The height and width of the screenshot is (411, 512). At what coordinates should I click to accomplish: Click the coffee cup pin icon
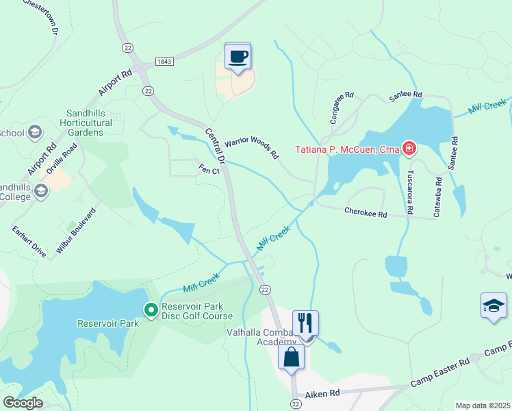[238, 56]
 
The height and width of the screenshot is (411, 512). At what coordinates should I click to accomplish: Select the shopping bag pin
[291, 357]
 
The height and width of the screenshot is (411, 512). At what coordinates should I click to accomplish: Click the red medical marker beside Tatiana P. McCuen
[409, 148]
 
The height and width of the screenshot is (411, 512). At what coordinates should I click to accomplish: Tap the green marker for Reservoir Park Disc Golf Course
[151, 310]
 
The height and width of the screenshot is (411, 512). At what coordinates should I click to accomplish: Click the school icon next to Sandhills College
[42, 191]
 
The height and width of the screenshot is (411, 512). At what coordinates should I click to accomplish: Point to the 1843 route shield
[164, 62]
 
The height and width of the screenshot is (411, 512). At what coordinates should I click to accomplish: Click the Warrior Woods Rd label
[251, 146]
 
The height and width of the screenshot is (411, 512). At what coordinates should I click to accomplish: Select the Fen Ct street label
[209, 169]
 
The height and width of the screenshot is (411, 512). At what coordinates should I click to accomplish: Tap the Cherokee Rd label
[366, 214]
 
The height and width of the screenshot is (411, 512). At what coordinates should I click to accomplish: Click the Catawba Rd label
[438, 194]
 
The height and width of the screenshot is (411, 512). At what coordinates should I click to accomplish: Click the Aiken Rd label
[324, 394]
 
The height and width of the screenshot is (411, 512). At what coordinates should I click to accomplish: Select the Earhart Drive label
[29, 241]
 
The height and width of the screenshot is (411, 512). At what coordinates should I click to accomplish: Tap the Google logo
[23, 403]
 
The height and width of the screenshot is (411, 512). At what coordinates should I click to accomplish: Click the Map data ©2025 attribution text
[483, 406]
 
